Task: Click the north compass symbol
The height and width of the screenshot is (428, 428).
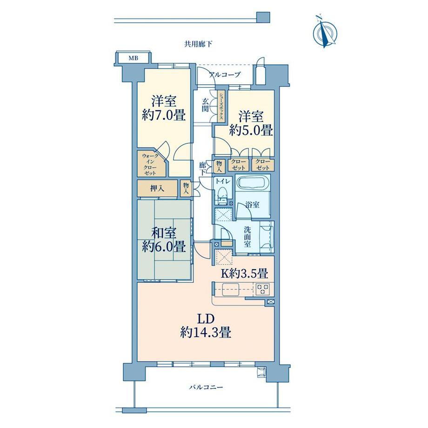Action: click(x=325, y=33)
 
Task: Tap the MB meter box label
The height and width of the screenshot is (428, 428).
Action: click(x=134, y=58)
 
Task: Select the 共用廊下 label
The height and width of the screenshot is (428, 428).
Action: click(x=198, y=44)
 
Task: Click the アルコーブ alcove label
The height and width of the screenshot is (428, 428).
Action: click(x=225, y=74)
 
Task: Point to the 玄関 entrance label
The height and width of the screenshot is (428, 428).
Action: click(x=205, y=105)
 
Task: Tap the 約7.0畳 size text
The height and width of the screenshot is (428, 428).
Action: click(x=164, y=115)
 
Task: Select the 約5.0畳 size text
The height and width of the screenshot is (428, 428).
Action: click(x=251, y=130)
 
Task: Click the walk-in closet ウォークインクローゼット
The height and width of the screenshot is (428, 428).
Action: click(x=151, y=164)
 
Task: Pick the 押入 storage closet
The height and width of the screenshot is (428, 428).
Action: click(x=157, y=188)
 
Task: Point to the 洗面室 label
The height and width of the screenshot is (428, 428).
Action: click(x=247, y=237)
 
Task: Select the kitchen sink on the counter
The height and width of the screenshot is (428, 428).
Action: click(x=231, y=289)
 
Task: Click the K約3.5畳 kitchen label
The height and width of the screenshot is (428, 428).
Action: click(x=244, y=274)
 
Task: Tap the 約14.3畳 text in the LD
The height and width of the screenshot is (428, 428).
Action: click(x=206, y=333)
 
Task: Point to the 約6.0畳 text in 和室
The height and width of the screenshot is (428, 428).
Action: click(x=164, y=247)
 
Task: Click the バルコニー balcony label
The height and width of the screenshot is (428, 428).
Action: click(x=206, y=387)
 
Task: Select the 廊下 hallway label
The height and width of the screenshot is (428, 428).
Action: click(x=202, y=169)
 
